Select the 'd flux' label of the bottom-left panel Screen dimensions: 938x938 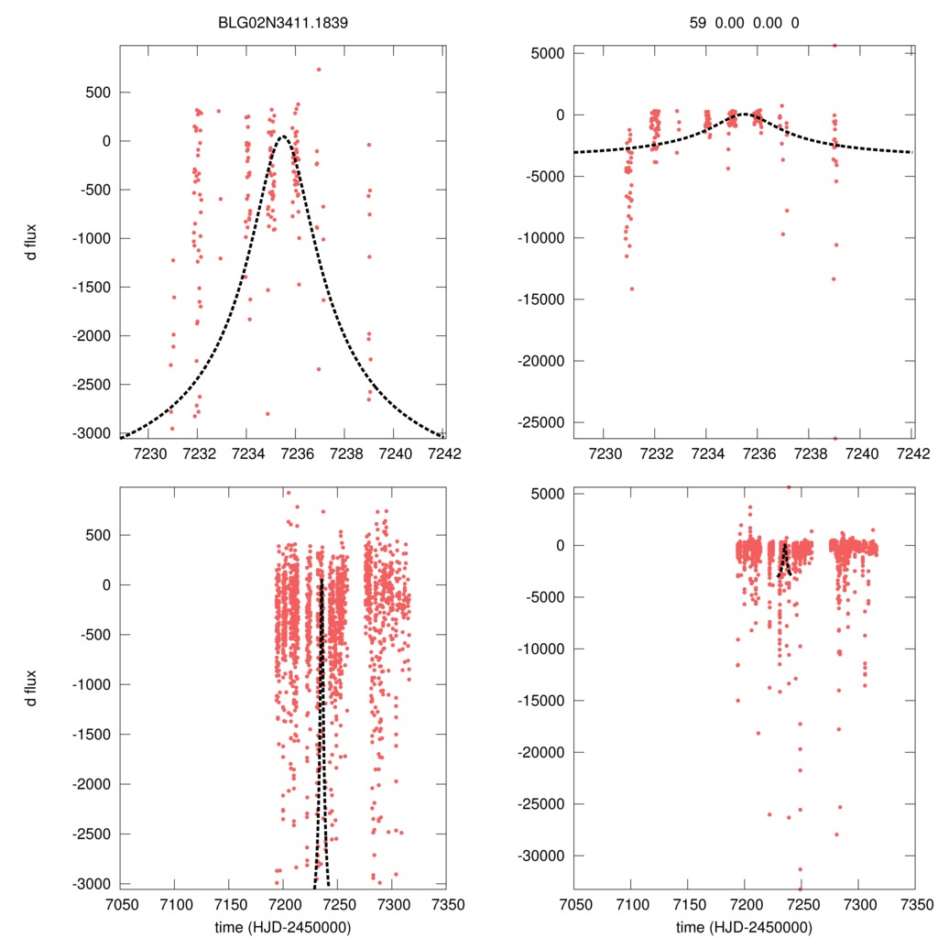click(33, 688)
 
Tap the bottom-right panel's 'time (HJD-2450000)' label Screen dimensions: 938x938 click(744, 927)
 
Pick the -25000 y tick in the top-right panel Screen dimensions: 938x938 click(545, 422)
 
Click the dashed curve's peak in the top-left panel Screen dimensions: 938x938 click(282, 136)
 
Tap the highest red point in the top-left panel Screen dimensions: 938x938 click(319, 69)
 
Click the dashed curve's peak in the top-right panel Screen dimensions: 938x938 click(746, 114)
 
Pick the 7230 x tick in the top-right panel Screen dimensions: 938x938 click(605, 453)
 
